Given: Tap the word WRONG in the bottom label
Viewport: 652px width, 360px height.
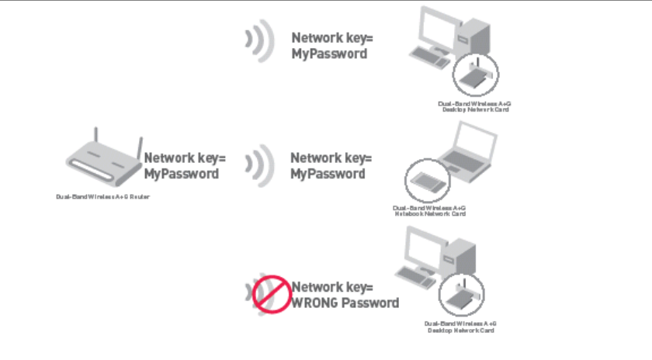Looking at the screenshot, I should pyautogui.click(x=317, y=303).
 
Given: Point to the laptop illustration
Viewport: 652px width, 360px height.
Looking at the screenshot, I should pyautogui.click(x=466, y=155).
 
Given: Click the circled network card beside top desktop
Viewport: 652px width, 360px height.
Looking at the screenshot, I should pyautogui.click(x=475, y=74).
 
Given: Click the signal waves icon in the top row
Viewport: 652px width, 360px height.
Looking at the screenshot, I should pyautogui.click(x=258, y=43).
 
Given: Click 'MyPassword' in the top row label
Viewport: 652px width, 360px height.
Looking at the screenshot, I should pyautogui.click(x=329, y=54).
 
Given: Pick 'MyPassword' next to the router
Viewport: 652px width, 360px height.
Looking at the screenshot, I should pyautogui.click(x=182, y=174).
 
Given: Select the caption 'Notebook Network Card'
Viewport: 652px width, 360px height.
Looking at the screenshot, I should pyautogui.click(x=429, y=213).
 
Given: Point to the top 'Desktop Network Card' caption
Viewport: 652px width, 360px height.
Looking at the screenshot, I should pyautogui.click(x=473, y=109).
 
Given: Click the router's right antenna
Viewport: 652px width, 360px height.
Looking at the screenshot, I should pyautogui.click(x=140, y=147).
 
